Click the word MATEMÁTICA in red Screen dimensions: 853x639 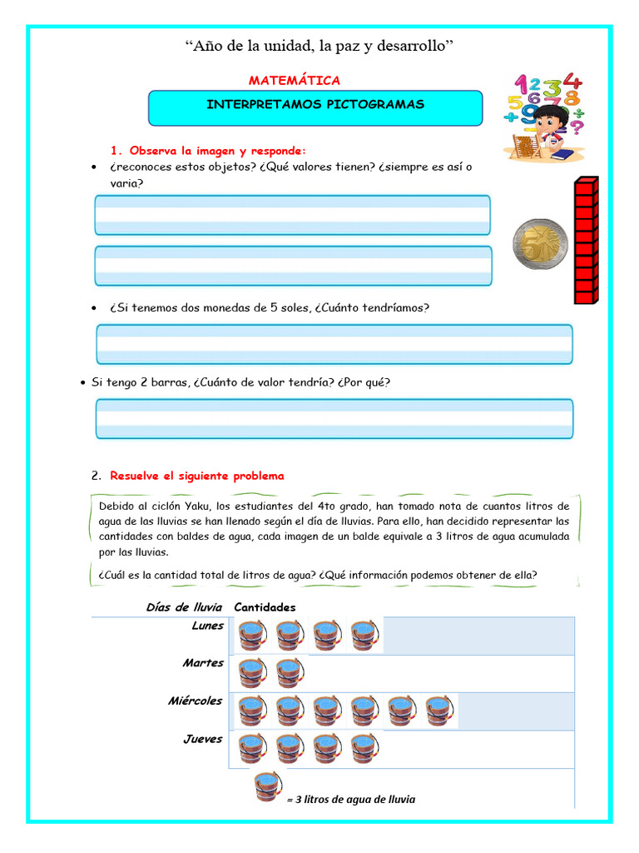(295, 80)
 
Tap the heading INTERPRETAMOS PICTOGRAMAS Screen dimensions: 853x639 (315, 105)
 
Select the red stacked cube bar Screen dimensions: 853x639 (586, 242)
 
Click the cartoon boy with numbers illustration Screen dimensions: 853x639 (545, 117)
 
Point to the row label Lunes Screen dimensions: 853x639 (207, 626)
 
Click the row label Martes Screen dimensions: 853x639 (204, 663)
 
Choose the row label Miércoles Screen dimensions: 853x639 (196, 701)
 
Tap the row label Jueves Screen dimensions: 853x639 (203, 739)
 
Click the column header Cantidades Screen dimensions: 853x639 (265, 607)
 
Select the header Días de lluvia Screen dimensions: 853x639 (185, 607)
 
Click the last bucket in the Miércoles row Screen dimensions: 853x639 (440, 711)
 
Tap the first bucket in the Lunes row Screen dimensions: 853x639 (252, 635)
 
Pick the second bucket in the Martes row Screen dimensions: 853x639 (290, 673)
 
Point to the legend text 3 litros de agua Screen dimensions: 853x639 (352, 799)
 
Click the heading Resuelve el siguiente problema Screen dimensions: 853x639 (197, 476)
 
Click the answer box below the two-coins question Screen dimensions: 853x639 (334, 344)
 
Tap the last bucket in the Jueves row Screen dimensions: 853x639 (364, 748)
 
